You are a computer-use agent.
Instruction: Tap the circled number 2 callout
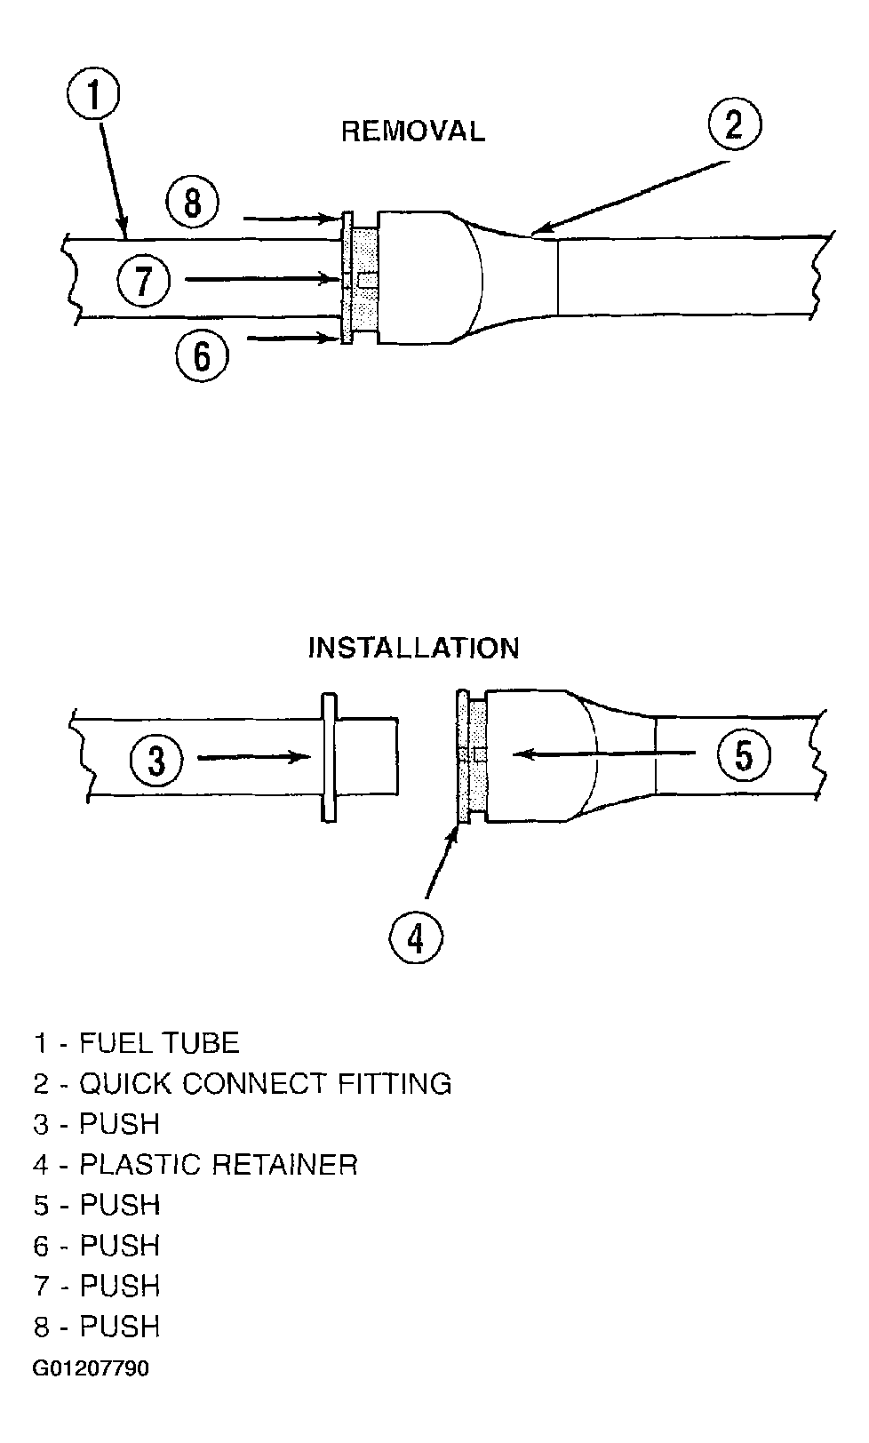(x=735, y=126)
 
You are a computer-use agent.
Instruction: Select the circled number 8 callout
(x=193, y=204)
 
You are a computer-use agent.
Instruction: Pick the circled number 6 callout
(x=202, y=355)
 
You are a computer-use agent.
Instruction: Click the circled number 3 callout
(x=157, y=761)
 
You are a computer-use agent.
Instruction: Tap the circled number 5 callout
(x=744, y=757)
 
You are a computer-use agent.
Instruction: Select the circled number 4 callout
(x=417, y=937)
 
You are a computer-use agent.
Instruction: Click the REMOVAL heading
(x=413, y=132)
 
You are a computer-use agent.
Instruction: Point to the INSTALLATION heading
(x=413, y=648)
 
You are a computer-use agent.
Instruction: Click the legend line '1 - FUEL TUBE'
(x=137, y=1043)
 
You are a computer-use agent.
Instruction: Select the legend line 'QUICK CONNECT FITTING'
(x=243, y=1084)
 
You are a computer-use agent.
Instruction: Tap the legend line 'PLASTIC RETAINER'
(x=195, y=1165)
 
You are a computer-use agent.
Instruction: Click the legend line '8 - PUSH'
(x=97, y=1327)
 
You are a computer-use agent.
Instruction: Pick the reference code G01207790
(x=92, y=1368)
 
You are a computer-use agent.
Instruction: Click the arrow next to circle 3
(x=253, y=758)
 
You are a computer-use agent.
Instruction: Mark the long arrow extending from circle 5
(x=604, y=754)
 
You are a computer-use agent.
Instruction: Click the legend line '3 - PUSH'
(x=97, y=1124)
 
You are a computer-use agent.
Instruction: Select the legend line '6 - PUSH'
(x=97, y=1246)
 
